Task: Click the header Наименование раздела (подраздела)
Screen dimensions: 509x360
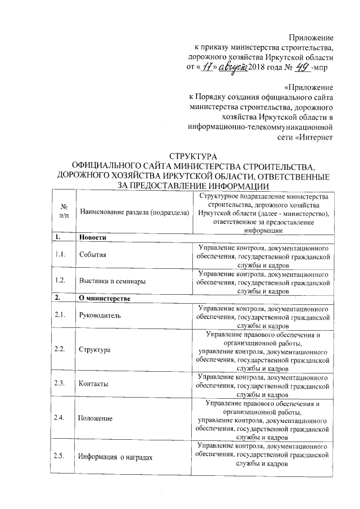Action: (133, 212)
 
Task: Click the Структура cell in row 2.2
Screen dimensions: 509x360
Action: (94, 350)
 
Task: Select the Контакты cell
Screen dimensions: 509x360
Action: (93, 384)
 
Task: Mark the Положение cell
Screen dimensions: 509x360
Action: (96, 418)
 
